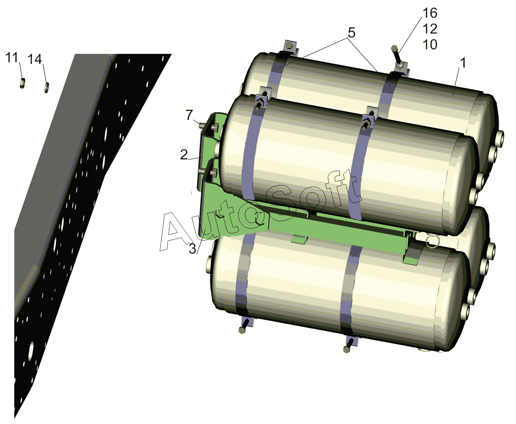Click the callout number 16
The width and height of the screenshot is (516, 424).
(430, 13)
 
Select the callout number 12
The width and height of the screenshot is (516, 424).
(430, 29)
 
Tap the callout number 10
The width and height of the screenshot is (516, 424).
(430, 44)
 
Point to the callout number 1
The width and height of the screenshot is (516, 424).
(463, 63)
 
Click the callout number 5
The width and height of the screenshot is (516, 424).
(351, 33)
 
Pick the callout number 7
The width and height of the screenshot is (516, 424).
(189, 115)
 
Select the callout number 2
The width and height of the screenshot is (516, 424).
(184, 155)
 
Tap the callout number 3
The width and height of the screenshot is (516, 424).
(193, 249)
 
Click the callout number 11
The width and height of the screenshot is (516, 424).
(12, 58)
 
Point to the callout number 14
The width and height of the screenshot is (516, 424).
(35, 59)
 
